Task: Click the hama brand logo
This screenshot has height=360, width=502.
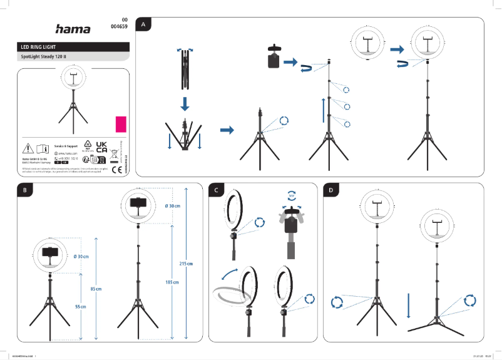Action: (x=73, y=29)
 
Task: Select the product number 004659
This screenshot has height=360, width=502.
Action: (x=119, y=28)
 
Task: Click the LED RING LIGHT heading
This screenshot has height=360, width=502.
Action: (x=39, y=47)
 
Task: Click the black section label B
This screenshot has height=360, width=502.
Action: (x=24, y=190)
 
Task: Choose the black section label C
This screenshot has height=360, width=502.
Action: (x=216, y=190)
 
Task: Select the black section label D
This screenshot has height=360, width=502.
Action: (x=330, y=190)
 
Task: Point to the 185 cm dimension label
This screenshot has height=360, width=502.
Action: (x=166, y=283)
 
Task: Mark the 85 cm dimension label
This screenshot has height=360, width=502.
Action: (x=96, y=289)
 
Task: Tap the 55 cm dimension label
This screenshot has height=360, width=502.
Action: (x=80, y=307)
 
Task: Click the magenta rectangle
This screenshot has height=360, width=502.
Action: (x=121, y=123)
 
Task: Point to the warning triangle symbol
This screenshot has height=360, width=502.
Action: (x=29, y=148)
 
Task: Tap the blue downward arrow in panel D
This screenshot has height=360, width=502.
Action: (x=408, y=305)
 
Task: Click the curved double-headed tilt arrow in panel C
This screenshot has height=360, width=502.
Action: (x=228, y=276)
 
